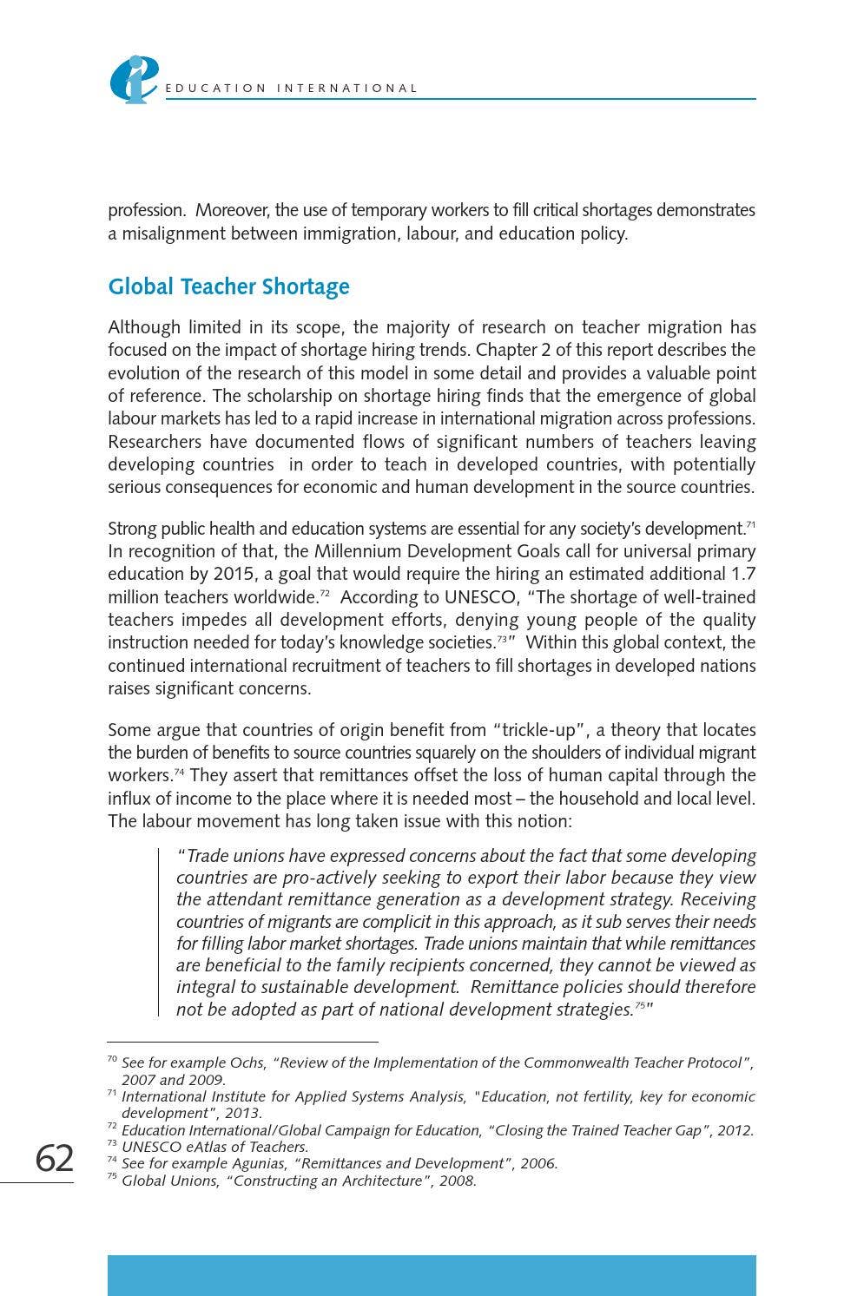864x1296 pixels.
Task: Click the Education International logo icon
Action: [x=133, y=79]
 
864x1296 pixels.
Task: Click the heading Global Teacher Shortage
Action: [x=228, y=286]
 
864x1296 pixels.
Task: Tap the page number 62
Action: [x=54, y=1158]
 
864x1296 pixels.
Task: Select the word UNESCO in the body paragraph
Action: [x=480, y=597]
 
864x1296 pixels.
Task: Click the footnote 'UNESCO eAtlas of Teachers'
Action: [x=214, y=1147]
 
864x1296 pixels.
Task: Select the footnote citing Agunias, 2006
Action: [x=339, y=1163]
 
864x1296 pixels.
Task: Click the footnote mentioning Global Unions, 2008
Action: [x=299, y=1181]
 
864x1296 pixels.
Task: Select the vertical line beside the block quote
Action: [x=159, y=932]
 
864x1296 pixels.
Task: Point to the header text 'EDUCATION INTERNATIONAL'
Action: [x=291, y=89]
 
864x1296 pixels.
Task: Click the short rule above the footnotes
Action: [x=242, y=1041]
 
